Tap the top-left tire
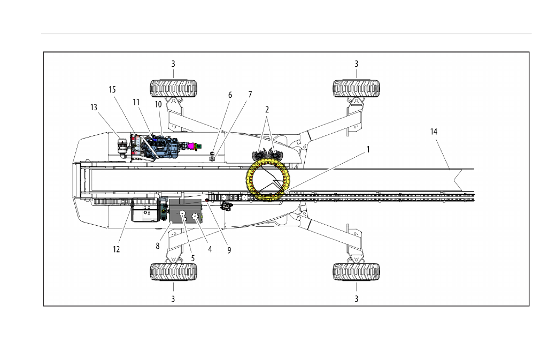(173, 88)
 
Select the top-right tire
(357, 88)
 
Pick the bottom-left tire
(173, 272)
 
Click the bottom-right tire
(357, 272)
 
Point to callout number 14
(434, 132)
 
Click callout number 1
(368, 150)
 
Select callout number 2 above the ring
(267, 110)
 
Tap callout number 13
(94, 108)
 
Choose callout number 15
(112, 90)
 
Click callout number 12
(117, 249)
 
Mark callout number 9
(229, 250)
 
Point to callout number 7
(250, 95)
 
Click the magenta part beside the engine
(193, 145)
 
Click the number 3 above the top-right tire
(357, 64)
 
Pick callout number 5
(193, 258)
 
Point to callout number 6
(230, 95)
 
